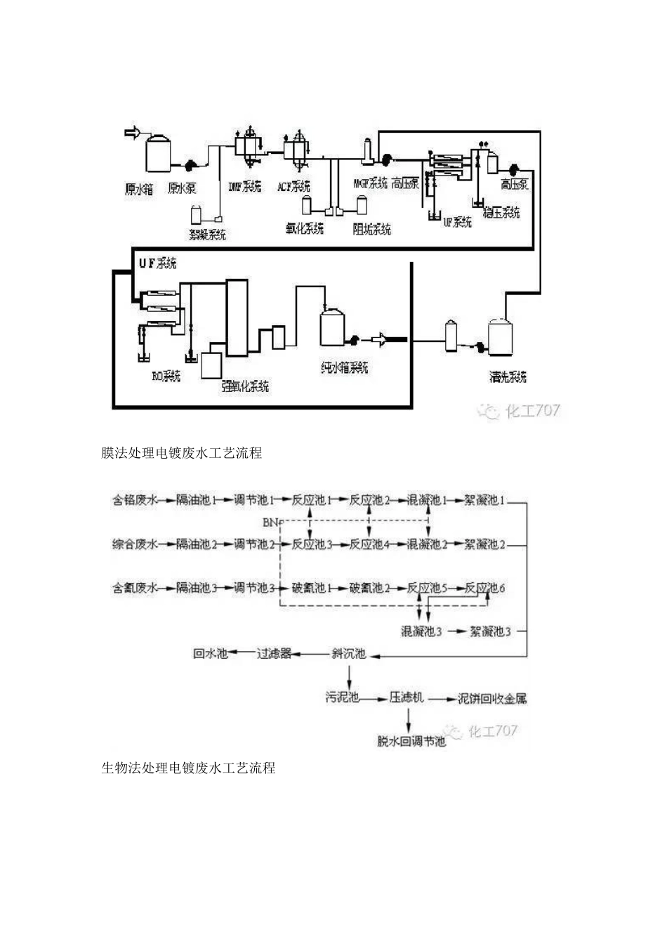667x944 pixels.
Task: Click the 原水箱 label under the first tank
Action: point(139,189)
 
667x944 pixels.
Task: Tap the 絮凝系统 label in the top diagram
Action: point(208,235)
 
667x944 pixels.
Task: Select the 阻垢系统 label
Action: point(372,229)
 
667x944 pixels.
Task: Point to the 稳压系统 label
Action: point(501,212)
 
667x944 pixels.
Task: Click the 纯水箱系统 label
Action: point(344,367)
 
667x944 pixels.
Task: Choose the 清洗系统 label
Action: point(508,377)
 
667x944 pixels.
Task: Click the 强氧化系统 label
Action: point(245,386)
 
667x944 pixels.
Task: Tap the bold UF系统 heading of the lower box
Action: point(157,263)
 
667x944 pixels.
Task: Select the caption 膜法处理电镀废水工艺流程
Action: point(182,453)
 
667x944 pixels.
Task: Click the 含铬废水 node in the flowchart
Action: point(135,501)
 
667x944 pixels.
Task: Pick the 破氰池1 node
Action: point(312,588)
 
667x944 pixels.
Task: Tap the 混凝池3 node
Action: point(421,631)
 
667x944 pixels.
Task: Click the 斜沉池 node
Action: point(349,654)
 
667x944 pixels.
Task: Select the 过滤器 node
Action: point(273,654)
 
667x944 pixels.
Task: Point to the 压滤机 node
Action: point(407,698)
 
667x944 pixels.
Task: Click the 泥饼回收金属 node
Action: point(492,699)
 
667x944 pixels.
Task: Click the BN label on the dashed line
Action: point(271,523)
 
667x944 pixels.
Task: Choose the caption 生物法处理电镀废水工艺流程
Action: point(188,768)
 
